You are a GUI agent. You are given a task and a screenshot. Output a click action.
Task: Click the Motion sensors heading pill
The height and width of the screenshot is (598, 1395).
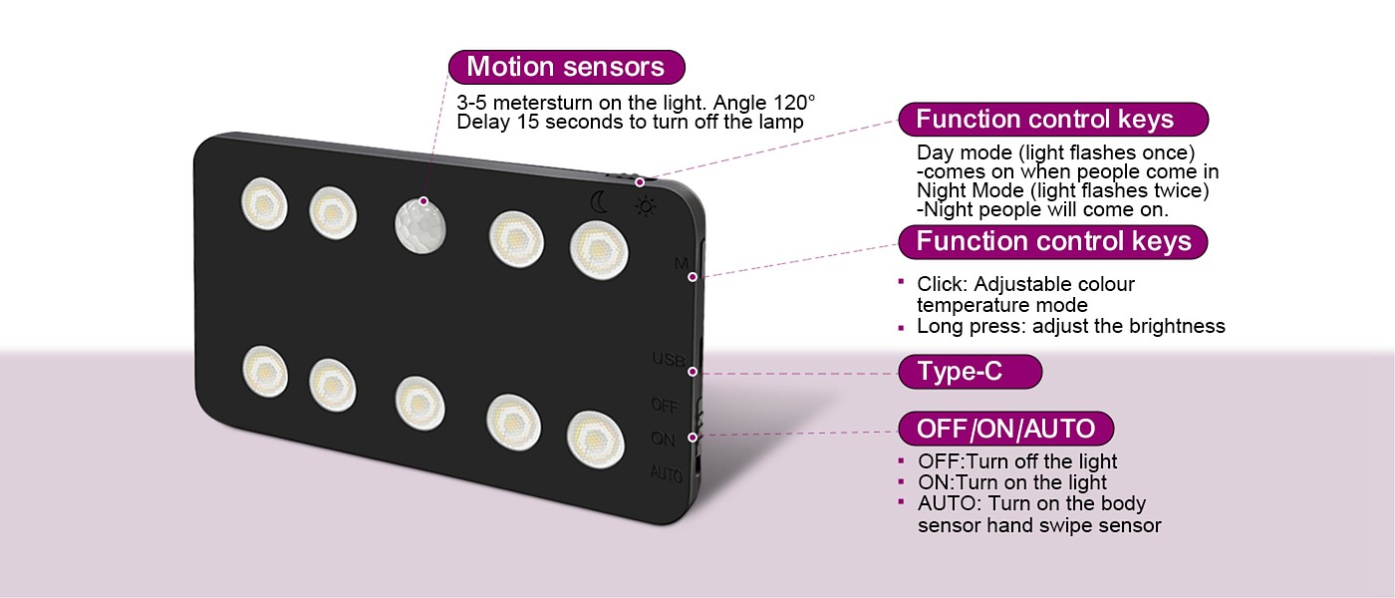pos(566,67)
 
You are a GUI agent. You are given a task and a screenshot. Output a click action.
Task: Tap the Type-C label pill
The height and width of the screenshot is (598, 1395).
pos(969,372)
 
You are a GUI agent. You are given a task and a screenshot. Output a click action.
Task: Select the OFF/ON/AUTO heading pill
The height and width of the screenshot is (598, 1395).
pos(1005,430)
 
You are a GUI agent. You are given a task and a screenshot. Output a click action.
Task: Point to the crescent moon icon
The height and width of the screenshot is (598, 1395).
pos(599,202)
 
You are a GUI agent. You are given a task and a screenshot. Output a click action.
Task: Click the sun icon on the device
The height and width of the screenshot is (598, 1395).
pos(647,206)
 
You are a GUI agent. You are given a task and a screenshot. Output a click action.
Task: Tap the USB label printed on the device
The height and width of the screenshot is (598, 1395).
pos(668,359)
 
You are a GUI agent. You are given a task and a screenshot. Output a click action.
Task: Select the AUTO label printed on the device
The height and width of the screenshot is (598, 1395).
pos(666,474)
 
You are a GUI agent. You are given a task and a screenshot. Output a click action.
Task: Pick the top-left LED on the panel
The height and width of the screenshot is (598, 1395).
pos(264,202)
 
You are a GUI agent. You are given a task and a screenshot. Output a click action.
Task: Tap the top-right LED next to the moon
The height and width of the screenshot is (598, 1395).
pos(599,249)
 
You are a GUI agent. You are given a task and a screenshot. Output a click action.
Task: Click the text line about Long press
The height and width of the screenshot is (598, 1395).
pos(1070,326)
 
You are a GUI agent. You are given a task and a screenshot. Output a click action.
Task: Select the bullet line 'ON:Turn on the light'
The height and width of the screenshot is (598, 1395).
pos(1011,482)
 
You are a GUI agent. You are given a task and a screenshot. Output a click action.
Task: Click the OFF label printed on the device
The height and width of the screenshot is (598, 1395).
pos(665,405)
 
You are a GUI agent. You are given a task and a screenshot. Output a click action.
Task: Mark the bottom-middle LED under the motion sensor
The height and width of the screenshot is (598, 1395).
pos(419,403)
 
